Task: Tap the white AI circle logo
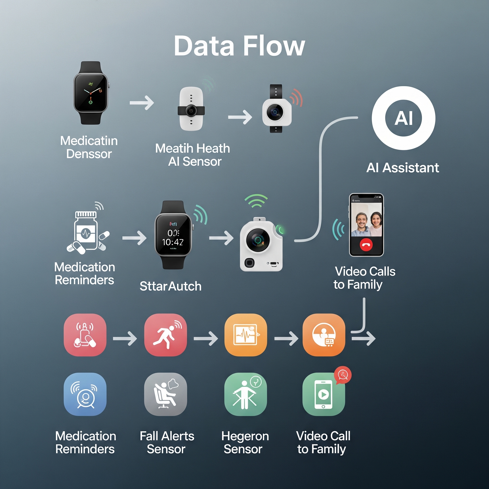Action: coord(403,118)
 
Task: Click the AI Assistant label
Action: coord(402,168)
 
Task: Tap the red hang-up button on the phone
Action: coord(366,245)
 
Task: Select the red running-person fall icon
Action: coord(165,335)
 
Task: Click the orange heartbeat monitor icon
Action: coord(245,335)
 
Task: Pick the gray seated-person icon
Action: coord(165,394)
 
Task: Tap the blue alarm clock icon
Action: coord(85,394)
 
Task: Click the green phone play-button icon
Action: coord(324,394)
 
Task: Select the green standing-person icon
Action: coord(245,394)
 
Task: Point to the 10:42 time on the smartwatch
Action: coord(173,242)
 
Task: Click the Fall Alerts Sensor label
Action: coord(167,442)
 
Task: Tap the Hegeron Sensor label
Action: coord(245,442)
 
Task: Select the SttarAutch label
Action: coord(170,286)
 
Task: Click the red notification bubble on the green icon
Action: coord(343,375)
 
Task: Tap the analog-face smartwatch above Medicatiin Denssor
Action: coord(90,93)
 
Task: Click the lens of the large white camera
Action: coord(258,240)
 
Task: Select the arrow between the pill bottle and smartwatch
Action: coord(134,238)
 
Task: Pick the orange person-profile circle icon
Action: coord(324,335)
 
